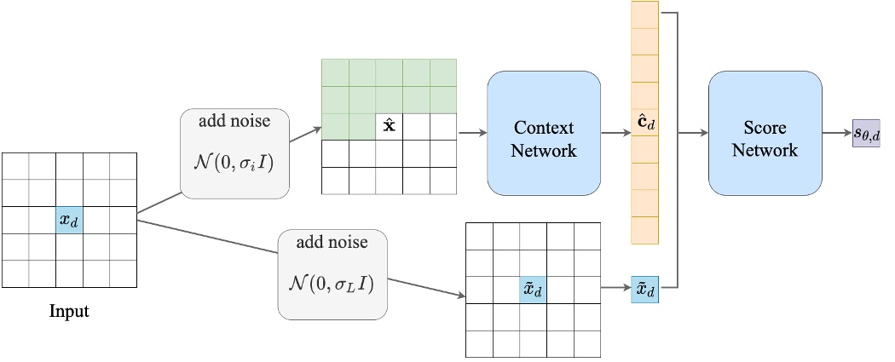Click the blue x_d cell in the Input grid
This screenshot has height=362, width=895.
click(70, 220)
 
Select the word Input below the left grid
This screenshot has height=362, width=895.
click(68, 311)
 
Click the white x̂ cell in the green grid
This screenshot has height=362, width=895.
click(390, 126)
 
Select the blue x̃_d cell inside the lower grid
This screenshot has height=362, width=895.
click(534, 290)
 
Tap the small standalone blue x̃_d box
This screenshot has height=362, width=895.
click(644, 290)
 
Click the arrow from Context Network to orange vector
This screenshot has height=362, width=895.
click(615, 133)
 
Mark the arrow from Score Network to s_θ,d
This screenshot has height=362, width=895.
click(836, 133)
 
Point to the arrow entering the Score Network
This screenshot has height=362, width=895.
click(693, 133)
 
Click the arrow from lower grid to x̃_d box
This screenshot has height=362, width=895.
click(615, 290)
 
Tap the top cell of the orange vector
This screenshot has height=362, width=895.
click(644, 14)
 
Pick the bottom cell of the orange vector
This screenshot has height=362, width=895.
click(644, 230)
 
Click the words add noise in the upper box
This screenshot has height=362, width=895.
click(234, 121)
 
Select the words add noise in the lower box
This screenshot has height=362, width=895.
click(332, 242)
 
